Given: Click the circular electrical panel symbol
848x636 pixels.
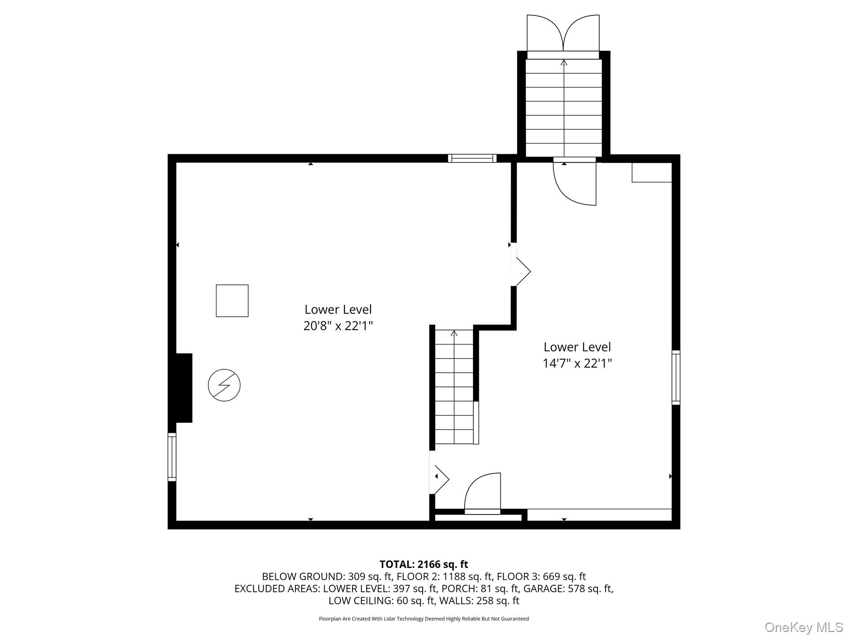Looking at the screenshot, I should coord(224,385).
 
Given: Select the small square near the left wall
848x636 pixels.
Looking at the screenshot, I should coord(232,301).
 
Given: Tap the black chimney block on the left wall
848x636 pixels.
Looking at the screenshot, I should coord(184,388).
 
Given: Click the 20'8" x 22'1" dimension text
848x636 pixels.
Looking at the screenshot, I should coord(338,326).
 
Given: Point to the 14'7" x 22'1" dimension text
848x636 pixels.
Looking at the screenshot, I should coord(577,363).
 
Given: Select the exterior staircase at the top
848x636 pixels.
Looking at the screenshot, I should coord(564,108).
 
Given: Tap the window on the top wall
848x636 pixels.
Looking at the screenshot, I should coord(472,158).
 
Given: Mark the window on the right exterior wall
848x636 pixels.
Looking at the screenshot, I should coord(676,377).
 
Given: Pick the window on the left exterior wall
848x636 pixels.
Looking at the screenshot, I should coord(172,457).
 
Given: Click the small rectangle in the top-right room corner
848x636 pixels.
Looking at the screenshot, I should coord(651,172).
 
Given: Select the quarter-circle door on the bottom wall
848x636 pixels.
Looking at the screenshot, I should coord(483,492).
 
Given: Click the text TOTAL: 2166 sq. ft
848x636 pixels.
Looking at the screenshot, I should coord(424,564).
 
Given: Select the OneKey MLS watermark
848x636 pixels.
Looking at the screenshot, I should coord(803,627).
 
